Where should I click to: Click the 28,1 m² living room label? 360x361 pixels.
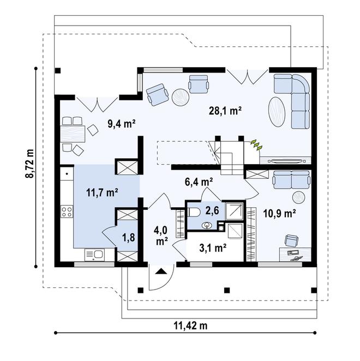(x=225, y=111)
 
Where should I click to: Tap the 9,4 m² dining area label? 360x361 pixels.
(x=122, y=124)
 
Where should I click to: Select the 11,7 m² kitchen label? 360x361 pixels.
(x=102, y=192)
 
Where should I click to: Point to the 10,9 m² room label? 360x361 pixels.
(x=279, y=213)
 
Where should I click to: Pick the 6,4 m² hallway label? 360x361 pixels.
(x=199, y=182)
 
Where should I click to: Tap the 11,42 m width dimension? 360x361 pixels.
(x=190, y=326)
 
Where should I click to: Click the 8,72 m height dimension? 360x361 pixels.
(x=29, y=164)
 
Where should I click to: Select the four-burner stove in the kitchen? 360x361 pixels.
(x=67, y=212)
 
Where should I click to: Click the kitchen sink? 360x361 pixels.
(x=94, y=255)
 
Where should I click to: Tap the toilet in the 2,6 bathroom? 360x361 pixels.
(x=194, y=212)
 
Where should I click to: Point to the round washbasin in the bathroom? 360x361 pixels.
(x=207, y=226)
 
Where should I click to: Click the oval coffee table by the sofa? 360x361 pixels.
(x=277, y=112)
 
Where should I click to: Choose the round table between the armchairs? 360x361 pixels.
(x=181, y=98)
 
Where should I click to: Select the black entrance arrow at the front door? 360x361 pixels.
(x=160, y=271)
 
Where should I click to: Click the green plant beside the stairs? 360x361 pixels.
(x=257, y=145)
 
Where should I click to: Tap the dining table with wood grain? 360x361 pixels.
(x=73, y=134)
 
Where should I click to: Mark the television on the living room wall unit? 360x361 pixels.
(x=285, y=161)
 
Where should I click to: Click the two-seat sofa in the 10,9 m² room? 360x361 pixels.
(x=291, y=179)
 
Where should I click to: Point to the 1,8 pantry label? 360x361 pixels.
(x=129, y=238)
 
